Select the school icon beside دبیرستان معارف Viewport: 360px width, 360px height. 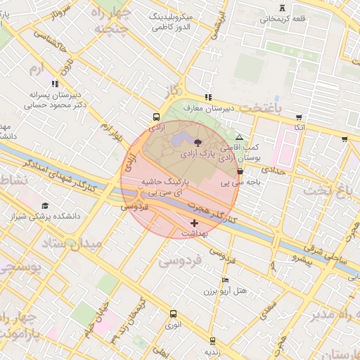[208, 97]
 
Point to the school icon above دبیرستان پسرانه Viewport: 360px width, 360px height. [55, 84]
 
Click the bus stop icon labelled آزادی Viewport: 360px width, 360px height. [155, 117]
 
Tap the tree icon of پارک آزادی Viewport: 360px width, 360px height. [205, 142]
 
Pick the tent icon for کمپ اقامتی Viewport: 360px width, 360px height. [240, 138]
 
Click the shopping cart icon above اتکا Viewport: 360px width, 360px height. [300, 117]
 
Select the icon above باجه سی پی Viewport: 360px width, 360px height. [240, 171]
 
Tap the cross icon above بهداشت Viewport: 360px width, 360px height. [195, 223]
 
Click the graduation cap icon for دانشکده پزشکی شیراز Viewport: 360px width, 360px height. [46, 205]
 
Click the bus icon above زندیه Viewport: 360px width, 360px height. [212, 340]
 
